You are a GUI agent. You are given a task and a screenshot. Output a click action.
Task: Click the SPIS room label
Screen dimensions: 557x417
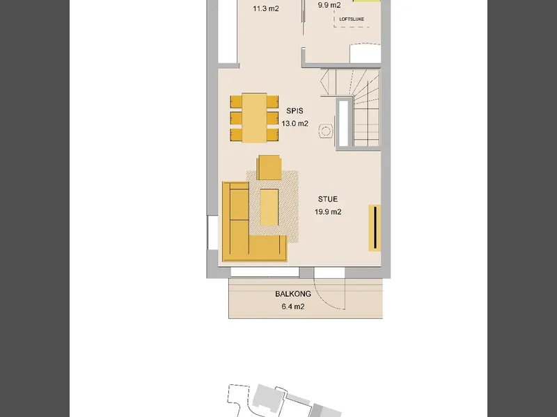coord(295,111)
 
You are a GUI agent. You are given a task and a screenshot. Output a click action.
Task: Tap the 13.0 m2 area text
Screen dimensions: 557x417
coord(295,124)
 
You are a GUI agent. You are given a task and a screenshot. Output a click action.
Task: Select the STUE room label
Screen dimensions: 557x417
coord(328,199)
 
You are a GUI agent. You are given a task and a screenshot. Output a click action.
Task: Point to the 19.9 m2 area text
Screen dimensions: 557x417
coord(328,212)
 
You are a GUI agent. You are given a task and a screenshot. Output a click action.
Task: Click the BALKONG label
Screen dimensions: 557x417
coord(293,294)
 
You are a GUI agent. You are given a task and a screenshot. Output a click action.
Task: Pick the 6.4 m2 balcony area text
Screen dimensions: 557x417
coord(293,306)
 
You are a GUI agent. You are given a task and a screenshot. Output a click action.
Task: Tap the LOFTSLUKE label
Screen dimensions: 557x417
coord(352,19)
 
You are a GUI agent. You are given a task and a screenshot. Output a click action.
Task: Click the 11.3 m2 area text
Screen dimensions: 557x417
coord(266,8)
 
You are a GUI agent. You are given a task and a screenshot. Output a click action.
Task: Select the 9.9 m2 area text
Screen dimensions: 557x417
coord(329,5)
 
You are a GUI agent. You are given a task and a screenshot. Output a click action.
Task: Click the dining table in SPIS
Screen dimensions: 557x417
coord(254,118)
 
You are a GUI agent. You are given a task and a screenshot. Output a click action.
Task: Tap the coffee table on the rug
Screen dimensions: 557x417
coord(269,207)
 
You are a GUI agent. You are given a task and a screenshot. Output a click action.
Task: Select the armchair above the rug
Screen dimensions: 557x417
coord(269,167)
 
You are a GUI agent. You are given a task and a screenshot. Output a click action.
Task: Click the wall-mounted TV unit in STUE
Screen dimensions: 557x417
coord(375,228)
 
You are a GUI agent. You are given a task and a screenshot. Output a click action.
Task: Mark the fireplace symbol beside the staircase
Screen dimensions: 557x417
coord(325,131)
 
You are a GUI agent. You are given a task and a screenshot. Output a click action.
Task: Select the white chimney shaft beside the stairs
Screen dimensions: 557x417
coord(343,124)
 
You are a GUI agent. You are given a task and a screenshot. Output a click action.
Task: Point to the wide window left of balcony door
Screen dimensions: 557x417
coord(265,272)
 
